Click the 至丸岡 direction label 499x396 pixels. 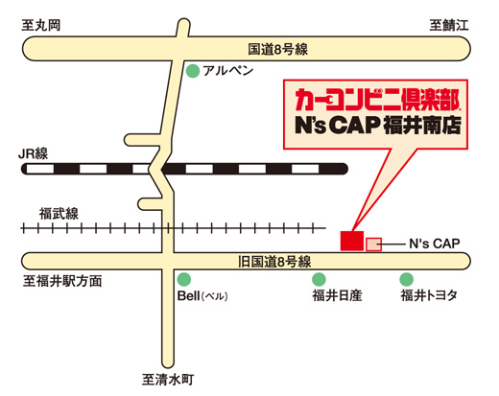[41, 25]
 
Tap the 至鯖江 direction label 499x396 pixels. [449, 25]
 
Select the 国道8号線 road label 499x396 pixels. [277, 49]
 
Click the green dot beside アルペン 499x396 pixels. [193, 71]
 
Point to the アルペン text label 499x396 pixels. [228, 71]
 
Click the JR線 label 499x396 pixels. [34, 153]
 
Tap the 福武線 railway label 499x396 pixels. [59, 214]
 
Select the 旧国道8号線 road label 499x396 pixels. [274, 262]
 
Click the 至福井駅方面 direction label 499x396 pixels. [62, 281]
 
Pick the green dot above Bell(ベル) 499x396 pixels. [184, 279]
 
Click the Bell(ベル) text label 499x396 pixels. [202, 296]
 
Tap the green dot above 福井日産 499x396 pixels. [319, 279]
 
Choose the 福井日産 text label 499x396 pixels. [337, 295]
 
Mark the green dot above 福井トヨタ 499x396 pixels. [407, 279]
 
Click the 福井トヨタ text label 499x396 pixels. [429, 295]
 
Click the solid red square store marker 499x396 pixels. [352, 241]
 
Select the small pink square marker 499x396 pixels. [374, 245]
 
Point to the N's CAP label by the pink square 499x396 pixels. [435, 244]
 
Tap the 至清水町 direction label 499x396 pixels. [168, 380]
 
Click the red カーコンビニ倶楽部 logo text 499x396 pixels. [377, 100]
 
